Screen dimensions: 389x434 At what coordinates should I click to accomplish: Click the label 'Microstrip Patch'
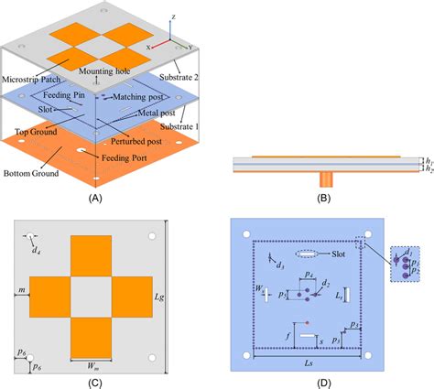pyautogui.click(x=32, y=80)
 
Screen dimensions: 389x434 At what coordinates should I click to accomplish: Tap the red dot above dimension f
pyautogui.click(x=308, y=323)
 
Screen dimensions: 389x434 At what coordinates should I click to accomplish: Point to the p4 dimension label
pyautogui.click(x=309, y=276)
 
